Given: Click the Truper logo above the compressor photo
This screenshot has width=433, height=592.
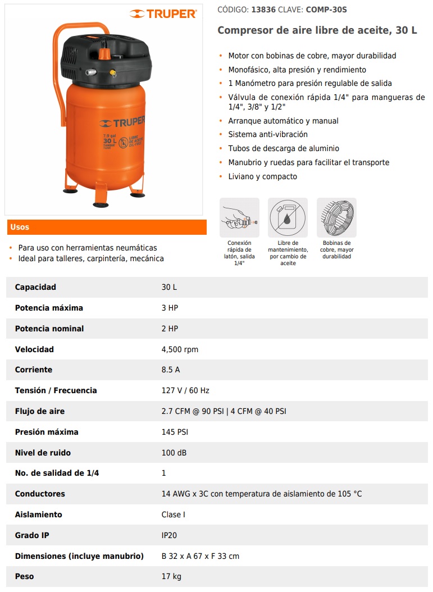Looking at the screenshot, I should [x=163, y=13].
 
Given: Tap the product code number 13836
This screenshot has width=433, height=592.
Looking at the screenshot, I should [x=267, y=10].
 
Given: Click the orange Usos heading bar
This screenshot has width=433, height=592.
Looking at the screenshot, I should [x=106, y=227].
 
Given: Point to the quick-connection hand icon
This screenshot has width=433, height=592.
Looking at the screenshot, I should [x=239, y=217].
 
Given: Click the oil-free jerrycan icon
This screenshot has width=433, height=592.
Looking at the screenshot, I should [x=288, y=217].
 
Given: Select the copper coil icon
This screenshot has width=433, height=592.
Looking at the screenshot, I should [x=336, y=217].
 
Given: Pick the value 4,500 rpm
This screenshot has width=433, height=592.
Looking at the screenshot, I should [x=180, y=349].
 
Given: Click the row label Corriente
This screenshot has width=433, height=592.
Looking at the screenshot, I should [x=34, y=370].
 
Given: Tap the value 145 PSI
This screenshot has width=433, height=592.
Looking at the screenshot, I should [x=175, y=432].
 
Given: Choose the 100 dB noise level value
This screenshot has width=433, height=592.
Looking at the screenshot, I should [x=174, y=453].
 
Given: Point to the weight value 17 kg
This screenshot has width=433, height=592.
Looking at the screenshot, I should [x=171, y=576].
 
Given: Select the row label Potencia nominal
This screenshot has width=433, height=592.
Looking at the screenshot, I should [x=49, y=329].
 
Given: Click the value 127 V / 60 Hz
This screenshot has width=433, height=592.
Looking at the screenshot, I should [x=185, y=390].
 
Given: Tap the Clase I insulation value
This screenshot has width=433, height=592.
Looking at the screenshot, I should [x=173, y=514].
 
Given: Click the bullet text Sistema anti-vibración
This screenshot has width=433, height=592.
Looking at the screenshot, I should [x=268, y=134].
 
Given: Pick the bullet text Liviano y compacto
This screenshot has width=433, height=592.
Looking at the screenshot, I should [x=262, y=176].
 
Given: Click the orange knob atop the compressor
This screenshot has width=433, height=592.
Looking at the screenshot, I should [x=103, y=53].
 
